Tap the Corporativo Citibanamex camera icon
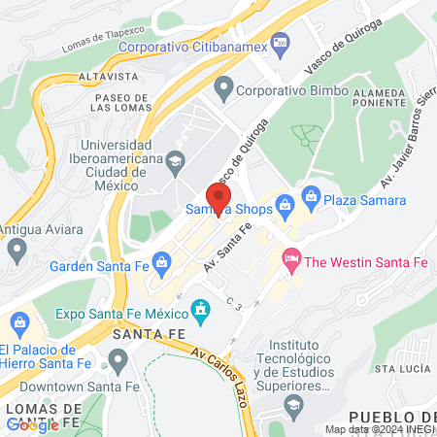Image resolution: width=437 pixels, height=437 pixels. tap(281, 41)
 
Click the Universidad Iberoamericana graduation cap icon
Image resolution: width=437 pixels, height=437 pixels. tap(175, 161)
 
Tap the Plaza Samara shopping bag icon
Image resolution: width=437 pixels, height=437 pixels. tap(310, 197)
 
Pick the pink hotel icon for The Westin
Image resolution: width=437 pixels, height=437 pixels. tap(289, 257)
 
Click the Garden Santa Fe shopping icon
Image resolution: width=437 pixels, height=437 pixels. tap(161, 259)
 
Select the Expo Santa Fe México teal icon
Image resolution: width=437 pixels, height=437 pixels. tap(201, 312)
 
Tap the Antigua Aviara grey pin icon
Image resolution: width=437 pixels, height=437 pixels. tap(16, 251)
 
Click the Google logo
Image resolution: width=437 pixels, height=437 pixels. tap(32, 424)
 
